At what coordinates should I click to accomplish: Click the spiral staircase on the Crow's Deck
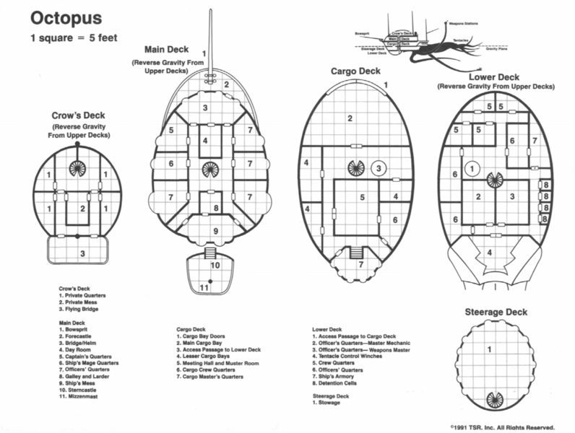point(77,168)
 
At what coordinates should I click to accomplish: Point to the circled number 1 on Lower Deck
point(472,168)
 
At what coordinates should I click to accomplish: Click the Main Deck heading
point(166,50)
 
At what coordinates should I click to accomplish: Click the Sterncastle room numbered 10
point(215,265)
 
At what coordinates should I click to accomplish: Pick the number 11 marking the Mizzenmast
point(204,289)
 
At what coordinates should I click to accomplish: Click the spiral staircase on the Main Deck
point(209,170)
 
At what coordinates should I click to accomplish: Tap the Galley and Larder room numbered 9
point(215,231)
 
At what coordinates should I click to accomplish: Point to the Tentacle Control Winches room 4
point(490,253)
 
